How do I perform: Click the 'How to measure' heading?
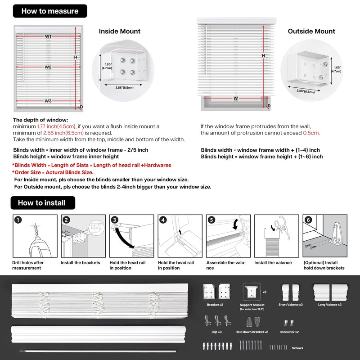coord(50,11)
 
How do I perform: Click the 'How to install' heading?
coord(41,203)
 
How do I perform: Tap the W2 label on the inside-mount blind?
coord(48,67)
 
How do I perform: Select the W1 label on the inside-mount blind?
coord(48,36)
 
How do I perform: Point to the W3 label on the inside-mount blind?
coord(48,101)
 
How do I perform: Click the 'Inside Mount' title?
coord(120,31)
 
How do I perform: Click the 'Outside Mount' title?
coord(311,31)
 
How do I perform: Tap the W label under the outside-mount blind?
coord(235,98)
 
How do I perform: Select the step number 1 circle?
coord(18,220)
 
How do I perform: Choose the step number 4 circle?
coord(163,220)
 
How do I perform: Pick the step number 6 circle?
coord(308,220)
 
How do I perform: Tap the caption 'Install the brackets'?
coord(81,263)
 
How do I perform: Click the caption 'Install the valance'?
coord(273,263)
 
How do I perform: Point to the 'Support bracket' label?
coord(252,305)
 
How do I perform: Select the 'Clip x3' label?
coord(216,332)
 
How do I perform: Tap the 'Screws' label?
coord(298,348)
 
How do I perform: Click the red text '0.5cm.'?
coord(311,133)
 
